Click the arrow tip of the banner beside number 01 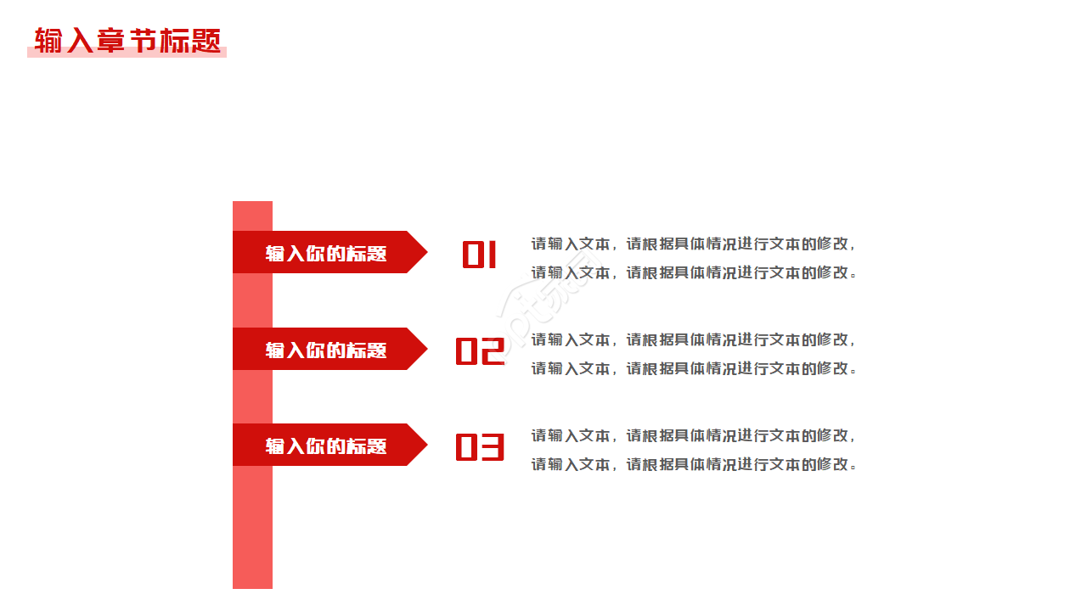pos(427,252)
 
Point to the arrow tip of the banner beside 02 pos(427,349)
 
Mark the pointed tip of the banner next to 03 pos(427,445)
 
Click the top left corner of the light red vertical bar pos(233,201)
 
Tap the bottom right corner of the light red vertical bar pos(273,589)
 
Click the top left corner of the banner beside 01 pos(233,232)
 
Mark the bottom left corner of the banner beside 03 pos(233,466)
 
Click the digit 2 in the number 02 pos(493,350)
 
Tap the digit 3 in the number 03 pos(493,447)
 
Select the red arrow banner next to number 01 pos(330,252)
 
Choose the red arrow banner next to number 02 pos(330,349)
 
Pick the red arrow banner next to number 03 pos(330,445)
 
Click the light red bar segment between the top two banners pos(252,300)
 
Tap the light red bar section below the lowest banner pos(252,528)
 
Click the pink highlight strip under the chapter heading pos(127,53)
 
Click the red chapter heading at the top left pos(127,40)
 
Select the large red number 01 pos(480,255)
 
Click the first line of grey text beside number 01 pos(692,244)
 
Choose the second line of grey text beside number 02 pos(694,368)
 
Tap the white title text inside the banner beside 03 pos(326,446)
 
